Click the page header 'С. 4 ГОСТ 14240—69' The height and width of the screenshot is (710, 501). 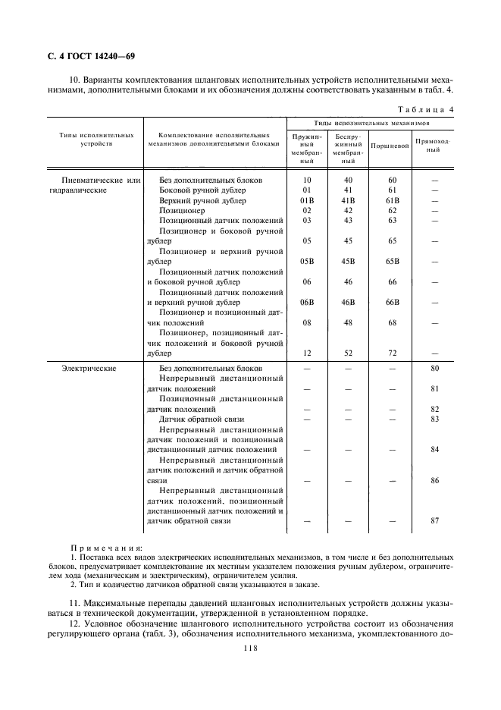(x=86, y=56)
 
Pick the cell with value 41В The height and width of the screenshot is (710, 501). (x=348, y=200)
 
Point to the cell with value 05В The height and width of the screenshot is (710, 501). (x=307, y=261)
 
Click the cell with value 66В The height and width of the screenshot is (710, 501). (x=392, y=302)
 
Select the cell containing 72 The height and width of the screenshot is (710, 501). (x=392, y=353)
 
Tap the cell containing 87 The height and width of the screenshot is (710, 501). (x=434, y=520)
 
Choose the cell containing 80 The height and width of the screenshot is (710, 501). (x=434, y=368)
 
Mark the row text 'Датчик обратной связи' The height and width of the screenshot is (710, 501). (x=202, y=419)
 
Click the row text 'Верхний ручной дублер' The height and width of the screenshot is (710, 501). (x=203, y=200)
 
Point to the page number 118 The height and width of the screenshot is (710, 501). (x=251, y=647)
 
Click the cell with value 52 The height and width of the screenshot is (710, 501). (x=348, y=353)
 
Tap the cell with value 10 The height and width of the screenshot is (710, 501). (x=307, y=180)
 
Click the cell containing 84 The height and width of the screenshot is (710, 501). (x=434, y=449)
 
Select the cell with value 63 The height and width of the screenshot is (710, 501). (x=392, y=220)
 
